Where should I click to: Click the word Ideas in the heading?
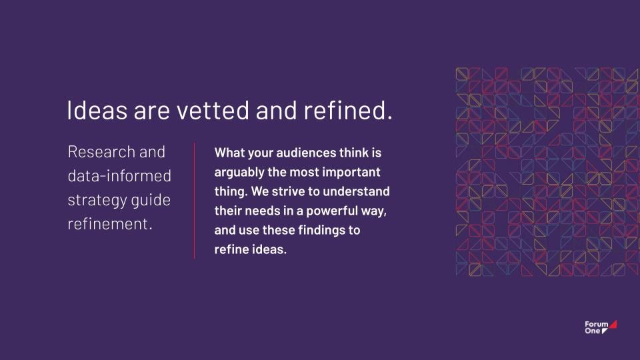coord(97,110)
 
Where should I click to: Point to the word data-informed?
coord(119,176)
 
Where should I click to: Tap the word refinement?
coord(110,224)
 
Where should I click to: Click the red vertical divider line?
coord(194,201)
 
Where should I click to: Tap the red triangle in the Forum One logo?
coord(613,325)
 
